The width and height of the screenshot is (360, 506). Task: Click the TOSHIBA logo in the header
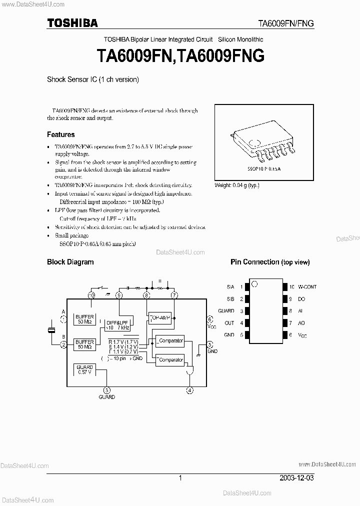pos(72,22)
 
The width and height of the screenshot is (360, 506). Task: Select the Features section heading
pos(61,134)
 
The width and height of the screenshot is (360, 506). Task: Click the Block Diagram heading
pos(70,262)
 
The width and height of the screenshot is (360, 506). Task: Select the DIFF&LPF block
pos(118,325)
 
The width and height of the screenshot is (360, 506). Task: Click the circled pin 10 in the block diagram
pos(91,295)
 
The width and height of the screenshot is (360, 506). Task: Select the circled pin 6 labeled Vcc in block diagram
pos(209,318)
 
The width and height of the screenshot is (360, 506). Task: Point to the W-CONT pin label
pos(307,287)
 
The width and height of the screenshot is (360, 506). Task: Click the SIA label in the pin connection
pos(230,287)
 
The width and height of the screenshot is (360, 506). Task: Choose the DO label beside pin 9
pos(301,299)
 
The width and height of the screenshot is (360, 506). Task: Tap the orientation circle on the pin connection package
pos(254,285)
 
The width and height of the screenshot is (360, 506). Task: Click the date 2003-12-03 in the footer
pos(298,478)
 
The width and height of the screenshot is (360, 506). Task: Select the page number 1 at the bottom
pos(180,478)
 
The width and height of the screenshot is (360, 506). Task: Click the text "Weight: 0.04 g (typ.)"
pos(237,185)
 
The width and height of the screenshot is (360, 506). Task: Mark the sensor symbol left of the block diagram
pos(51,330)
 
